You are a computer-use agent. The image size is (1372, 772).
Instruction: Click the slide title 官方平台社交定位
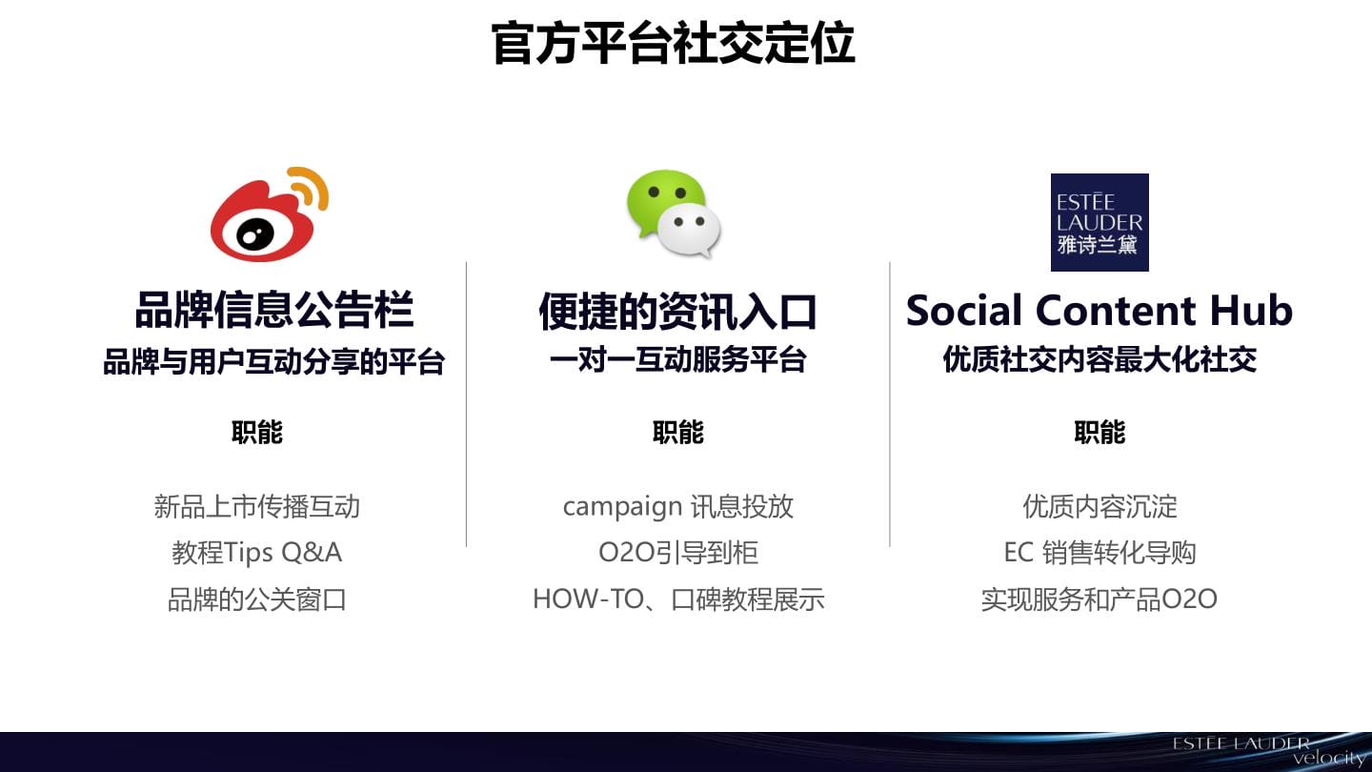673,43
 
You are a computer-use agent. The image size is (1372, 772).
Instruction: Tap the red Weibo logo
270,214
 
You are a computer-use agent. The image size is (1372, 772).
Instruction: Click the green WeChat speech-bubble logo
673,213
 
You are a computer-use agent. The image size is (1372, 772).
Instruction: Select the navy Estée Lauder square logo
1100,222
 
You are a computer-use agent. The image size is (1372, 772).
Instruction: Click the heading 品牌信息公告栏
274,310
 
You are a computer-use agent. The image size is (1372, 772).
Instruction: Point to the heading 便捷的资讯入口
677,312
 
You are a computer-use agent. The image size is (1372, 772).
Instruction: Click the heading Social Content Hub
1100,310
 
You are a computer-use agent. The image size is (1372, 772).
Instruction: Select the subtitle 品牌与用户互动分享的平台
273,361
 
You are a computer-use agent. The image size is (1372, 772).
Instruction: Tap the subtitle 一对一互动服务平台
677,359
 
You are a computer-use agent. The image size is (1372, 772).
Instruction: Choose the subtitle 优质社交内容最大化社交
1100,359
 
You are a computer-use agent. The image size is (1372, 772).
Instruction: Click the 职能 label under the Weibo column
257,432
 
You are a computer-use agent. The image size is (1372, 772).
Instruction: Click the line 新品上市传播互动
256,507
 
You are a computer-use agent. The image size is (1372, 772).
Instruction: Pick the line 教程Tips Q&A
256,553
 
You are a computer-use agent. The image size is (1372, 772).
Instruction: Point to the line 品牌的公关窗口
256,599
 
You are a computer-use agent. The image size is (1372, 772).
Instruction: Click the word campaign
622,508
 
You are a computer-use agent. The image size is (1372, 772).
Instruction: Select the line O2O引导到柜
678,553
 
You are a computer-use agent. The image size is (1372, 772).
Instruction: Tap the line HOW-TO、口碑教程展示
678,599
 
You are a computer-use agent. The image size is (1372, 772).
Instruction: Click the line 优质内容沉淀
1100,507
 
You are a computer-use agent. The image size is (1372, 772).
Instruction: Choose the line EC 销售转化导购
1100,553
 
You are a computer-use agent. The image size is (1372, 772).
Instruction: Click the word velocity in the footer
1331,758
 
